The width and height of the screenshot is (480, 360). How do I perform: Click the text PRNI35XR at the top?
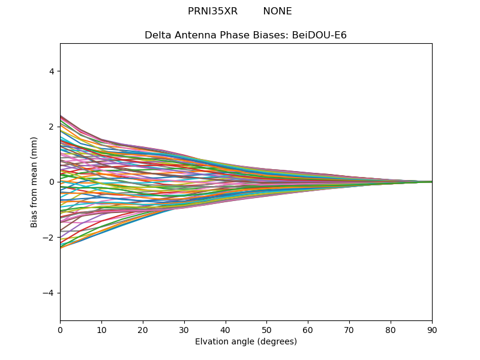coord(212,11)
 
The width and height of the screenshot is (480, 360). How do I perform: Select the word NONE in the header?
coord(277,11)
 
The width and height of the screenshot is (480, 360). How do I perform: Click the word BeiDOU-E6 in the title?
coord(319,35)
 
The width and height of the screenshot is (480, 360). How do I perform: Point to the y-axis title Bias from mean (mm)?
coord(34,182)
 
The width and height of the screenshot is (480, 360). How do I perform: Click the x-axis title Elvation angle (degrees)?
coord(246,341)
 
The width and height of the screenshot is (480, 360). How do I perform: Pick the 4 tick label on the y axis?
coord(52,71)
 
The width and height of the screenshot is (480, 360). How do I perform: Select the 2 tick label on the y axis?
coord(52,127)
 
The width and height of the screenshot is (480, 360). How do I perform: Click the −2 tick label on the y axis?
coord(48,238)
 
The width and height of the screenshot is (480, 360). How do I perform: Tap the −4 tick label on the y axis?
coord(48,293)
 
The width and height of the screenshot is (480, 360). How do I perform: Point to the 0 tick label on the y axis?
coord(52,182)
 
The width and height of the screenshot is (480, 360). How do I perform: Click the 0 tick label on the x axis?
coord(61,331)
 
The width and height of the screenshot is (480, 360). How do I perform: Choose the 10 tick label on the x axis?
coord(101,331)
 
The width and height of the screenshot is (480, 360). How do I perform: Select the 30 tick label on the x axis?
coord(184,331)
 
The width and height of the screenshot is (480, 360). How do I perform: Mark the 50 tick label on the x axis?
coord(267,331)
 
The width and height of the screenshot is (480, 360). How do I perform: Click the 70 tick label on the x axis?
coord(349,331)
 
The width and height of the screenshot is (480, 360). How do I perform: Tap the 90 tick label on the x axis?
coord(432,331)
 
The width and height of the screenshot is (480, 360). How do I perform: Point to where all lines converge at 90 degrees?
coord(432,182)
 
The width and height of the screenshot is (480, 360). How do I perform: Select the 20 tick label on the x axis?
coord(143,331)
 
